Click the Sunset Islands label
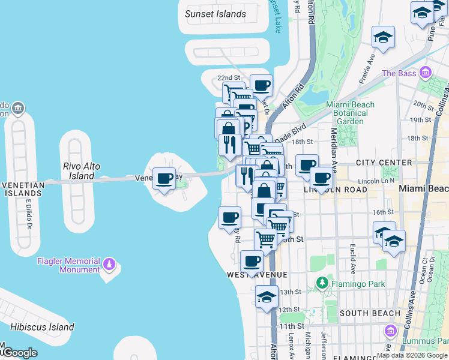[x=215, y=14]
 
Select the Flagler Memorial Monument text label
[x=68, y=265]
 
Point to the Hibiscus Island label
[x=41, y=328]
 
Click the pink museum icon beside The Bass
[x=426, y=73]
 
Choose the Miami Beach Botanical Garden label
[x=350, y=113]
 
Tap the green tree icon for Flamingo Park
[x=322, y=282]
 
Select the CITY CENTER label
[x=384, y=163]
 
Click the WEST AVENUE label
[x=258, y=274]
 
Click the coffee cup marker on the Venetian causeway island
[x=164, y=178]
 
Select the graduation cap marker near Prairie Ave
[x=383, y=37]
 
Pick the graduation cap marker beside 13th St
[x=267, y=296]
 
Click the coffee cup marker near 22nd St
[x=261, y=85]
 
